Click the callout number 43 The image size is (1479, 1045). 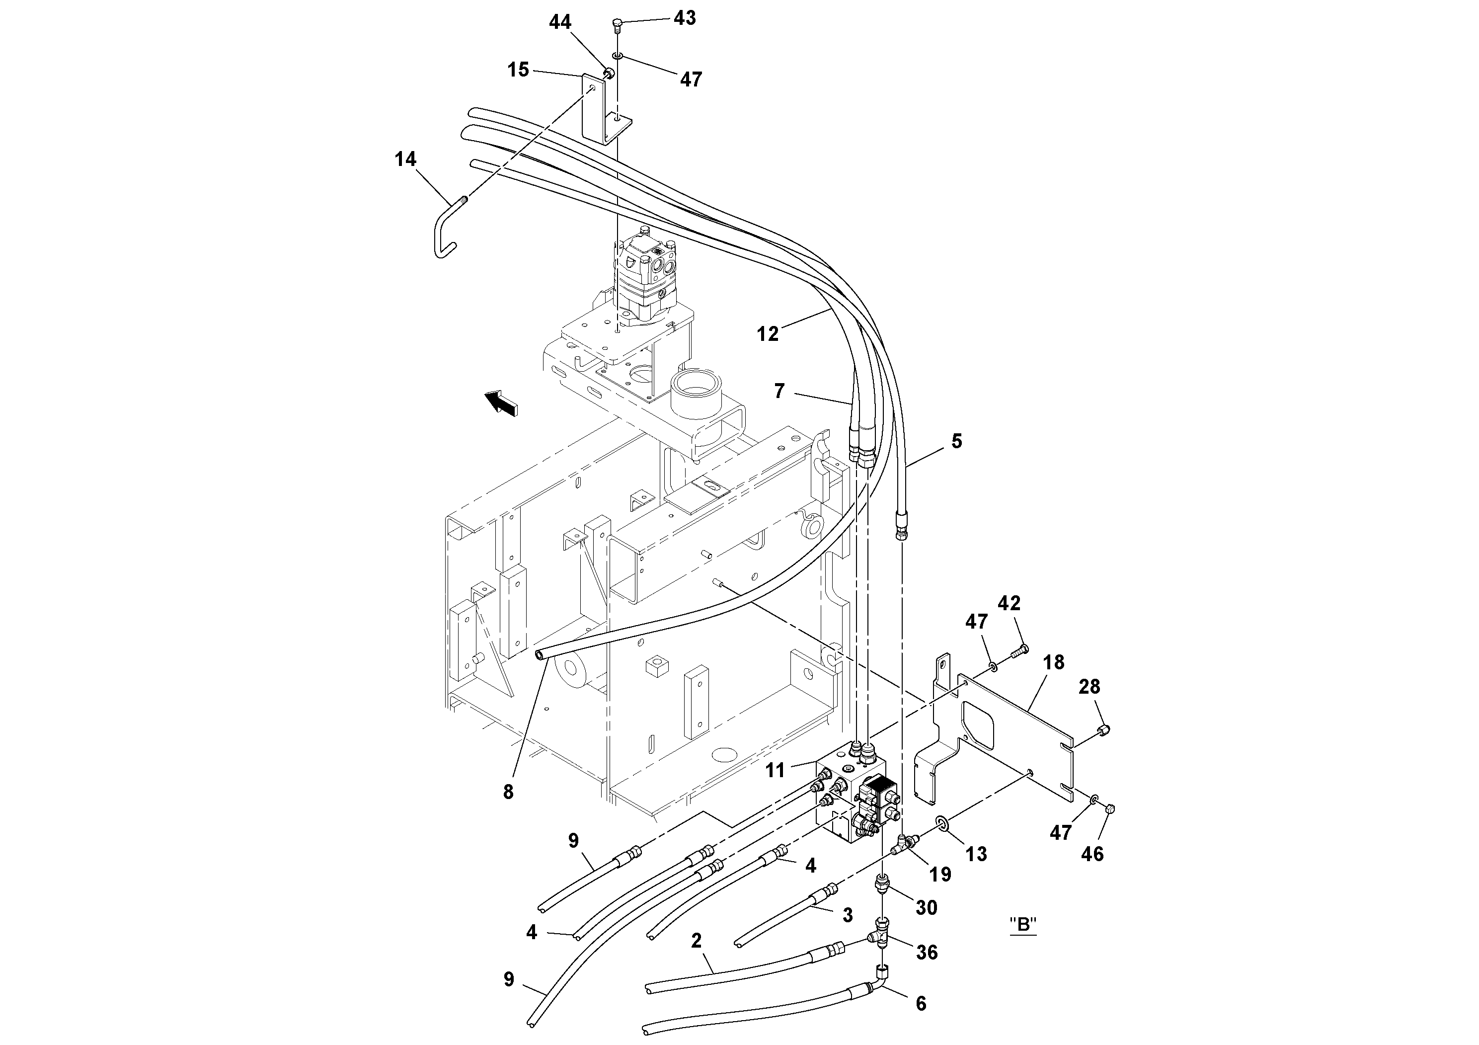pos(684,18)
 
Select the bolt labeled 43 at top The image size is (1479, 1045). pos(617,26)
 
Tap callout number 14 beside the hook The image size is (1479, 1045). pos(405,159)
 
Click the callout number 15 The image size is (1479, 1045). pos(518,70)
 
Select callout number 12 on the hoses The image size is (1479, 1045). pos(767,334)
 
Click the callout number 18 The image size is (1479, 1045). pos(1054,662)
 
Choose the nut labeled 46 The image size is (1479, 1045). pos(1109,808)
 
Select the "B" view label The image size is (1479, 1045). pos(1023,925)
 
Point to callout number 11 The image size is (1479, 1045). pos(775,770)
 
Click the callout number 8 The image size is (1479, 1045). pos(508,793)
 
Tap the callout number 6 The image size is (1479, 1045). pos(921,1003)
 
